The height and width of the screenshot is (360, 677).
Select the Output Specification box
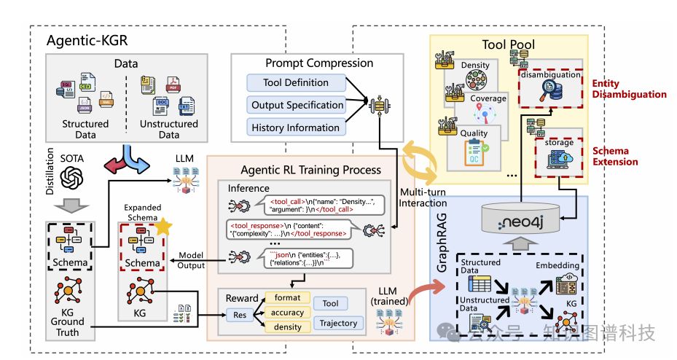[297, 105]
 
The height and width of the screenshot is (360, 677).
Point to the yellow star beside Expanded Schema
[165, 226]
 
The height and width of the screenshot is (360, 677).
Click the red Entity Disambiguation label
[629, 89]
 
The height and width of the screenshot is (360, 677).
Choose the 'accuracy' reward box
[288, 312]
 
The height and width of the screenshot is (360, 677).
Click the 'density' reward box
[288, 326]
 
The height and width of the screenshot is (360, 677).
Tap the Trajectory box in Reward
[338, 323]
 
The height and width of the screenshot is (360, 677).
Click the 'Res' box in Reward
[239, 314]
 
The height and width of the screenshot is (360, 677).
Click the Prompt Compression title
[319, 63]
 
